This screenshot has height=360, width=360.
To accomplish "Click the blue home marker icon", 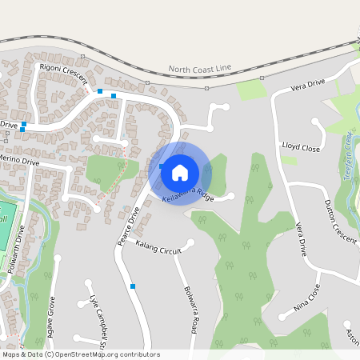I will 180,172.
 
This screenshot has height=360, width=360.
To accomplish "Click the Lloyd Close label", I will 301,148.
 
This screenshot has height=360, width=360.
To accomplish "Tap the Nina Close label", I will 306,295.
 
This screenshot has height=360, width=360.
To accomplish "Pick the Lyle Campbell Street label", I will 98,320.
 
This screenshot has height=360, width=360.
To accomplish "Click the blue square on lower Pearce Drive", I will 133,286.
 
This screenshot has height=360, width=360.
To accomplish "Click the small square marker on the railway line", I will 148,82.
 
